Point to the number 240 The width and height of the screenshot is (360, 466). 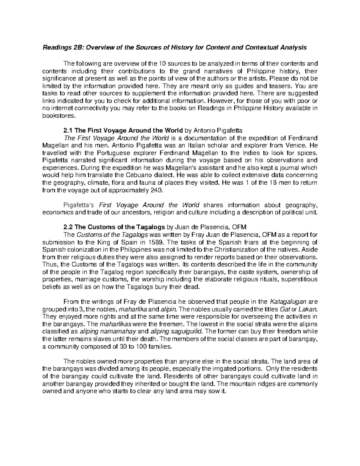tap(156, 190)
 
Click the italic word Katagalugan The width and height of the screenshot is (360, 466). tap(288, 302)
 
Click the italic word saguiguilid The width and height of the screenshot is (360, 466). tap(185, 332)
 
